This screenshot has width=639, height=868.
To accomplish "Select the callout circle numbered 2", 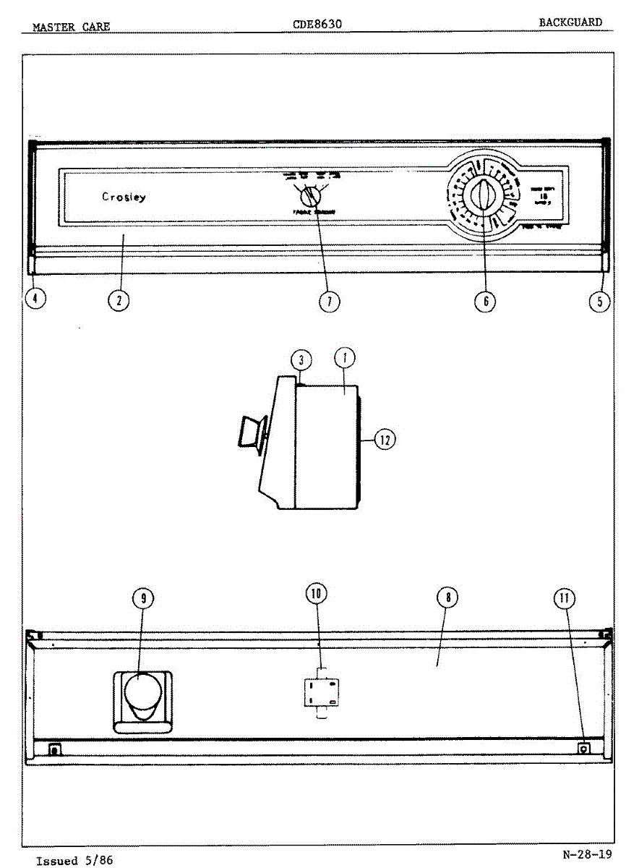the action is [119, 299].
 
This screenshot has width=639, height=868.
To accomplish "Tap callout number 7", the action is [330, 301].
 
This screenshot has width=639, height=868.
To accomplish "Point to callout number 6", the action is [485, 301].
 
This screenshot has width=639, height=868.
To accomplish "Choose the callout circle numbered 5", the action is [599, 301].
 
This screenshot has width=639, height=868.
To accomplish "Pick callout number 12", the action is [385, 439].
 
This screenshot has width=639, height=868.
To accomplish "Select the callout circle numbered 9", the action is [143, 597].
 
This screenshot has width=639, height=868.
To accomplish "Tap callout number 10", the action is [316, 594].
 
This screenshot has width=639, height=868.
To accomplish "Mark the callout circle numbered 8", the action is [448, 597].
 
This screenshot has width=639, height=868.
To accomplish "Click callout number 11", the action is [565, 597].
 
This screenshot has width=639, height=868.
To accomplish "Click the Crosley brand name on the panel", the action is [124, 197].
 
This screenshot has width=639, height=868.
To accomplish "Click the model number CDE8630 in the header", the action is [317, 24].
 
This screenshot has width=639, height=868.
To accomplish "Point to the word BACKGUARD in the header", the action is [570, 22].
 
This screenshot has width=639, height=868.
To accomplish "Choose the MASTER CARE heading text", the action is [72, 27].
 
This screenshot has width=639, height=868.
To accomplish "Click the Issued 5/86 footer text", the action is [74, 861].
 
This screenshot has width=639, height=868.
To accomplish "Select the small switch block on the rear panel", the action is [321, 692].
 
